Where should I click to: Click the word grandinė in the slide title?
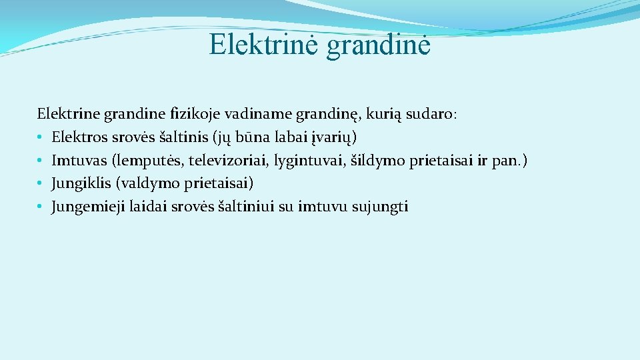pyautogui.click(x=378, y=46)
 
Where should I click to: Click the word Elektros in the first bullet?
pyautogui.click(x=78, y=137)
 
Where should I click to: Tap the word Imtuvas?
pyautogui.click(x=78, y=161)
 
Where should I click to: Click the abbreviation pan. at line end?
pyautogui.click(x=509, y=161)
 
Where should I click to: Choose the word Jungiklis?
pyautogui.click(x=80, y=183)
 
